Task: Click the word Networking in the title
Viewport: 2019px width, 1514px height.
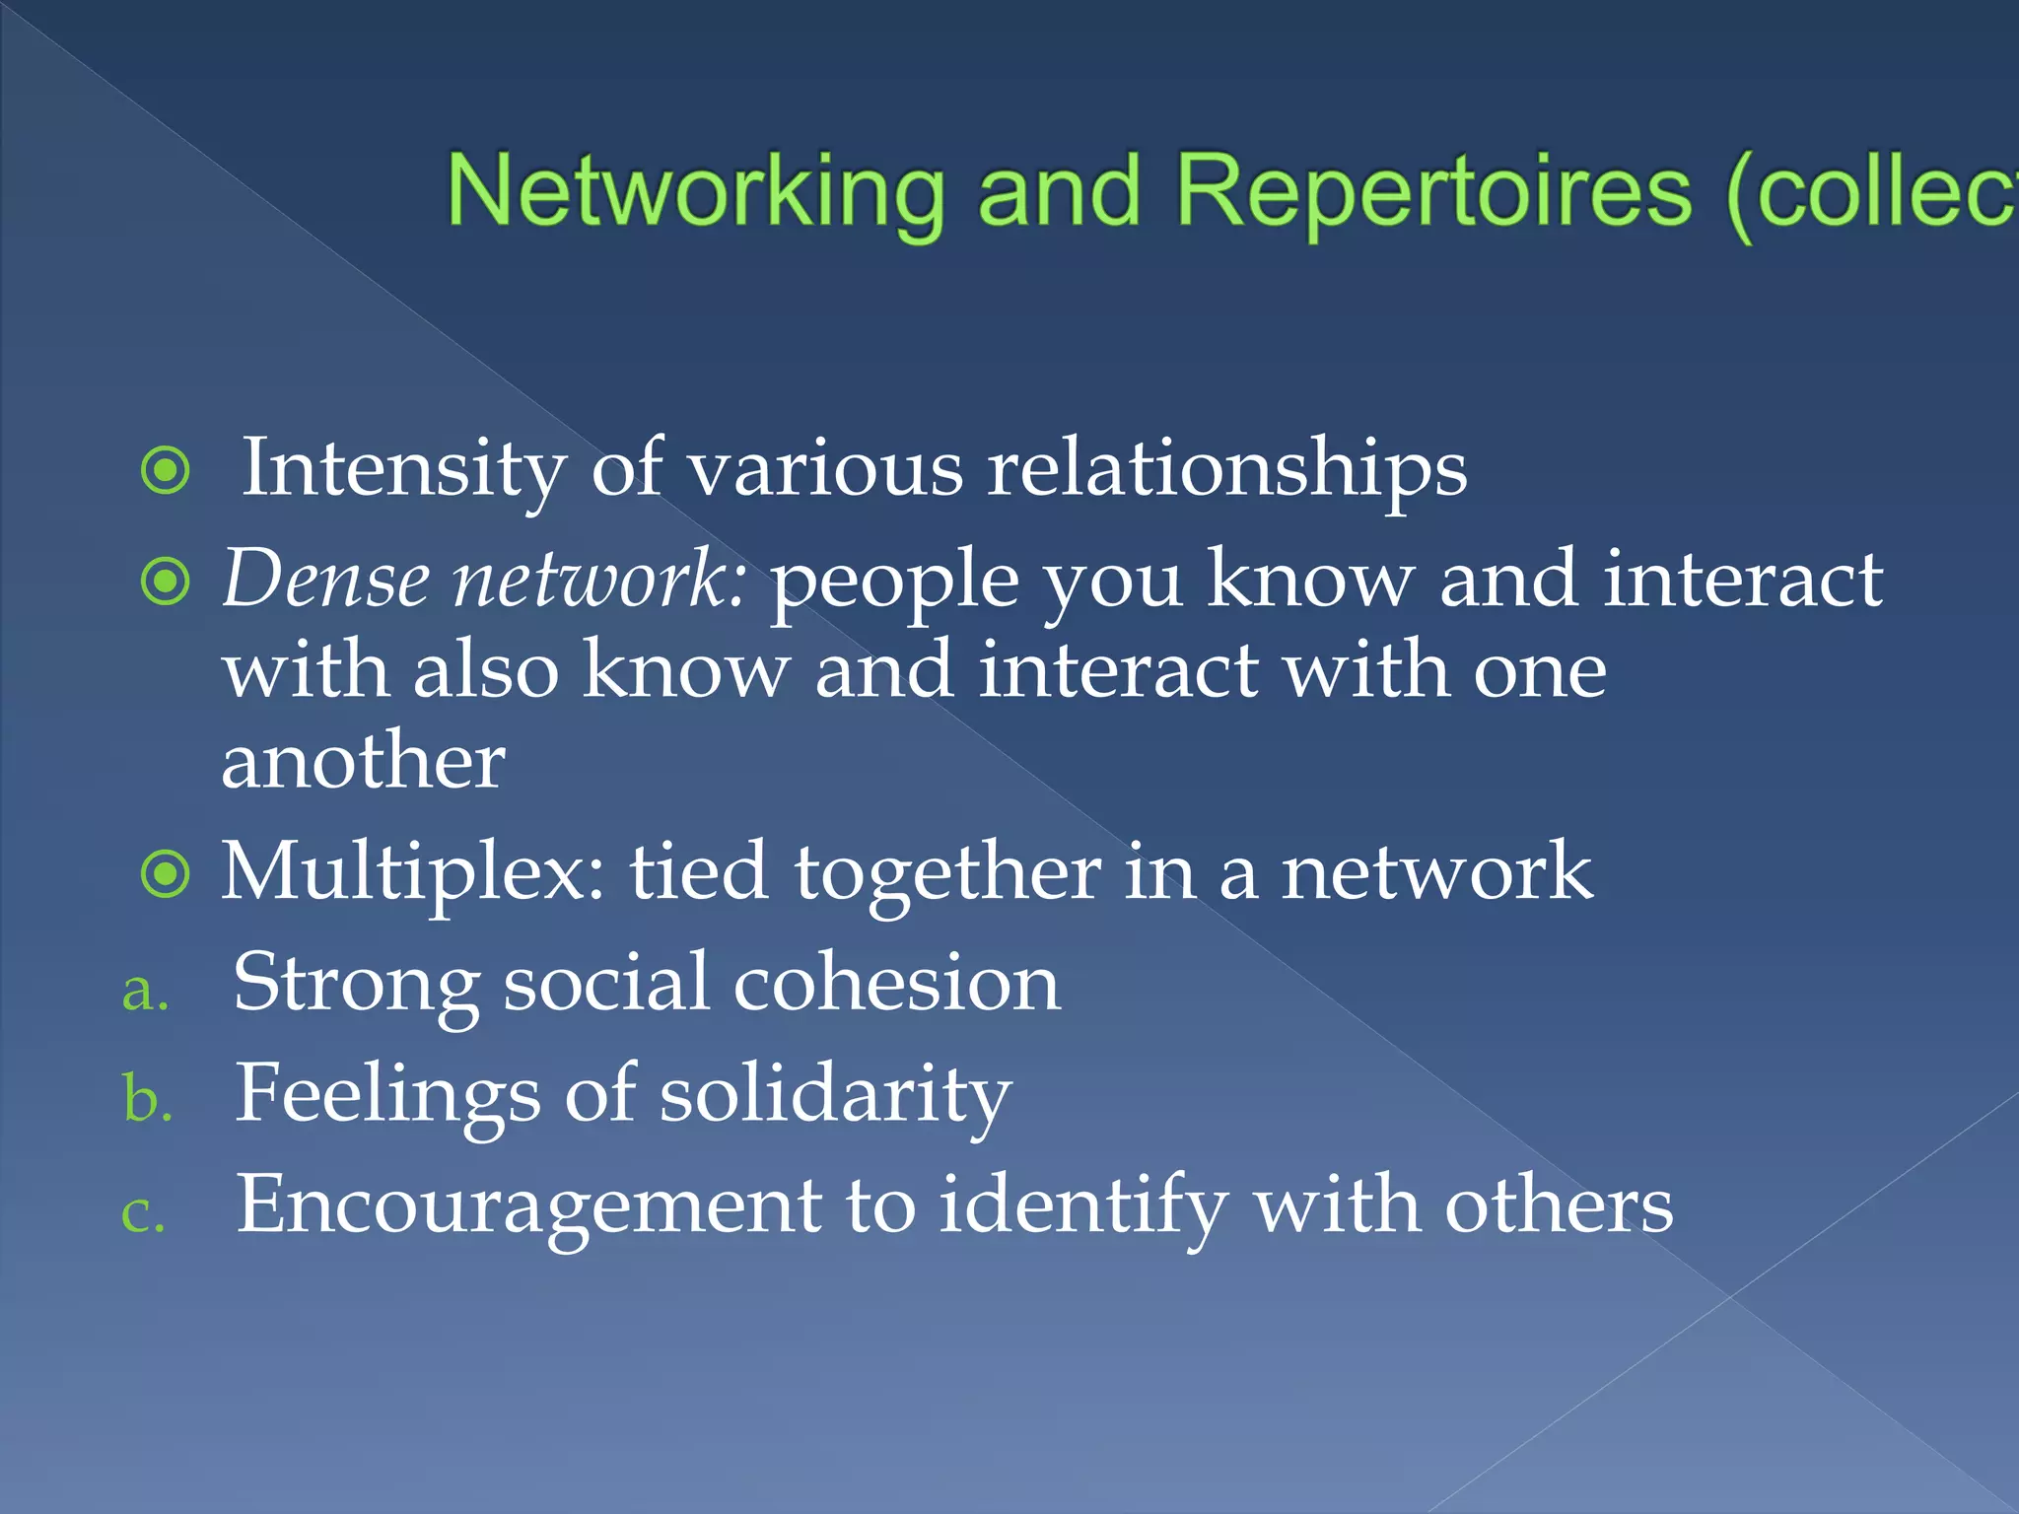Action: (696, 191)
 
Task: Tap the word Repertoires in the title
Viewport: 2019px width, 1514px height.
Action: (1433, 191)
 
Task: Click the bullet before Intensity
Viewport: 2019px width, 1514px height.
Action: (166, 471)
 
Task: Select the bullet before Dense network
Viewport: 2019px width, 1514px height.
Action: (166, 583)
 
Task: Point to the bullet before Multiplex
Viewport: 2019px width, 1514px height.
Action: (166, 874)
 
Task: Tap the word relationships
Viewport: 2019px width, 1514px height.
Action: (1226, 469)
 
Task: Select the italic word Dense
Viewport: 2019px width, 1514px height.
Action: (325, 580)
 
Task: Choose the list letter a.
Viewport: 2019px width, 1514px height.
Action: (145, 991)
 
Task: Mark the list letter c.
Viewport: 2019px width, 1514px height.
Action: (143, 1212)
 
